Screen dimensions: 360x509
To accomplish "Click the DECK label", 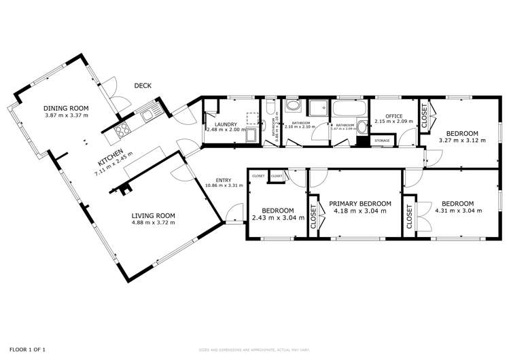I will tap(143, 86).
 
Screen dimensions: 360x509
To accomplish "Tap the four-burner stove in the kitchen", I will tap(124, 130).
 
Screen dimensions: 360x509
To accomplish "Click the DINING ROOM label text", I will tap(66, 108).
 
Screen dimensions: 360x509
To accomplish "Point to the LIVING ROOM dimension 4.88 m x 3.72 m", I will tap(153, 222).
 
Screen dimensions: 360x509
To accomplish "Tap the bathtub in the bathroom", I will tap(348, 111).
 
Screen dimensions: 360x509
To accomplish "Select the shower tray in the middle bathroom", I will tap(317, 109).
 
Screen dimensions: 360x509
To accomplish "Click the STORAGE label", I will tap(382, 141).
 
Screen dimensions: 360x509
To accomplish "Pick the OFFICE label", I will tap(395, 116).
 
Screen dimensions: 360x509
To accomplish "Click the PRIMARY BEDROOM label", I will tap(360, 203).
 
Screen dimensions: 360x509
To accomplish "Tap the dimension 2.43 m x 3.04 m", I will tap(277, 218).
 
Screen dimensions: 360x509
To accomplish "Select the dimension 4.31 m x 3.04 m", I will tap(458, 211).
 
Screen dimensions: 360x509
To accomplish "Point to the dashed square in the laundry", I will tap(252, 117).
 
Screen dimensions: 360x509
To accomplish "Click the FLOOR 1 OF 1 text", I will tap(22, 349).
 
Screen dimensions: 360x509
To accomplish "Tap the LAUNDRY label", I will tap(224, 124).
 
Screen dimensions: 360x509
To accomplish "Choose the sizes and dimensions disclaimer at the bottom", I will tap(254, 350).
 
